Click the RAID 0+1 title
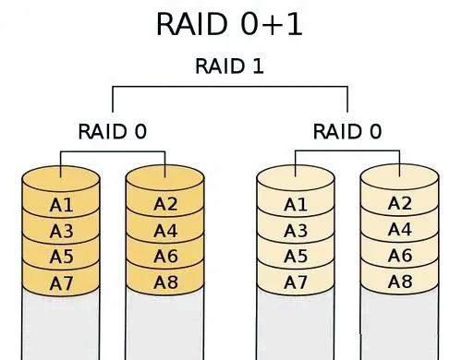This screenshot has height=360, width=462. coord(229,24)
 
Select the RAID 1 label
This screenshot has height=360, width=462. coord(229,66)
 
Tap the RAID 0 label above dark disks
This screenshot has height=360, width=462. coord(113,131)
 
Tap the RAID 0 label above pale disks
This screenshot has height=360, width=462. coord(347,131)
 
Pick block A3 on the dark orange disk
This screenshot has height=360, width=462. coord(61,231)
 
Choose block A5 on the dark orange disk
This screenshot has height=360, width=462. coord(61,257)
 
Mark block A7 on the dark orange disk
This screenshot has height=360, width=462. coord(61,283)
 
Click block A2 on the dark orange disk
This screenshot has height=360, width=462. coord(165,204)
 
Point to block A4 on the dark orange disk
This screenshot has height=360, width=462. coord(165,230)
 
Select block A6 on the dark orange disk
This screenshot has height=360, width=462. coord(165,256)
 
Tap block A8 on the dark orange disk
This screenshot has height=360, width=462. coord(165,282)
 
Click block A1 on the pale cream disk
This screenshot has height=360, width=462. coord(296,205)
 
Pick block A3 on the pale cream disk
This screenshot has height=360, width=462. coord(296,231)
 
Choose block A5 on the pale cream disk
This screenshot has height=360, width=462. coord(296,257)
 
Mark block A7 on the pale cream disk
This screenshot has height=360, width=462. coord(296,282)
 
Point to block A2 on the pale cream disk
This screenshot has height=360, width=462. coord(400,203)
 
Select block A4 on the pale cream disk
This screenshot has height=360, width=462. coord(400,229)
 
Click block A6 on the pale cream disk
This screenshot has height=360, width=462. coord(400,256)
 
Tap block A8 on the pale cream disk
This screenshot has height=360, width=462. coord(400,282)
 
